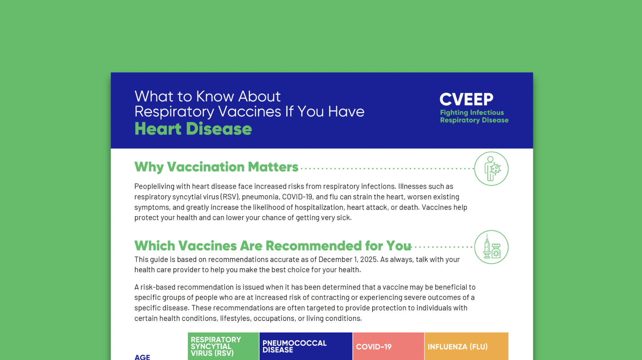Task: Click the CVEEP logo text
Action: pos(466,99)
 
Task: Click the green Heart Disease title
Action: pos(193,129)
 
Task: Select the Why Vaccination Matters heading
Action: pos(216,167)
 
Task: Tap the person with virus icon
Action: pos(491,169)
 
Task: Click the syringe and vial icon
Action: pos(491,247)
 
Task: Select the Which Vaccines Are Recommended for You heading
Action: pos(273,246)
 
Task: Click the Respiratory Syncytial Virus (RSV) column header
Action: pos(223,346)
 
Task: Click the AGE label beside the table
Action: pos(142,357)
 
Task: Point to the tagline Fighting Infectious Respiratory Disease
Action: pos(474,117)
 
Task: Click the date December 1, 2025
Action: pos(348,259)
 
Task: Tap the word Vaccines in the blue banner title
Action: pos(249,112)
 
